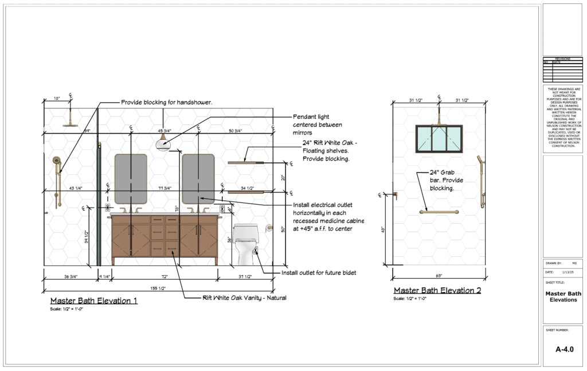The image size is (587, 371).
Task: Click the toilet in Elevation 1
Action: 247,244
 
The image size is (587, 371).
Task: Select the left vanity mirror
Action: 131,178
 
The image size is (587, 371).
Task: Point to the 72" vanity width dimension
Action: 164,276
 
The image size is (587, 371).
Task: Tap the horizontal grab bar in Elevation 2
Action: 439,212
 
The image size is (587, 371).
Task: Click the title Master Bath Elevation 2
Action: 437,291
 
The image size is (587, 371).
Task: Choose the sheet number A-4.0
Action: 565,349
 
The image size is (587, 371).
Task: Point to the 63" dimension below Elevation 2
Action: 439,276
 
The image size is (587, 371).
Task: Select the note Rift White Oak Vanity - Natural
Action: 244,298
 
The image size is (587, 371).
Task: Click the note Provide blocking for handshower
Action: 166,102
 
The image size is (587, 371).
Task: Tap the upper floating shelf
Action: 245,163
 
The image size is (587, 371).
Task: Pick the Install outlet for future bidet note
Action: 318,272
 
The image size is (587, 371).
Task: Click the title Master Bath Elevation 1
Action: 93,300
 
